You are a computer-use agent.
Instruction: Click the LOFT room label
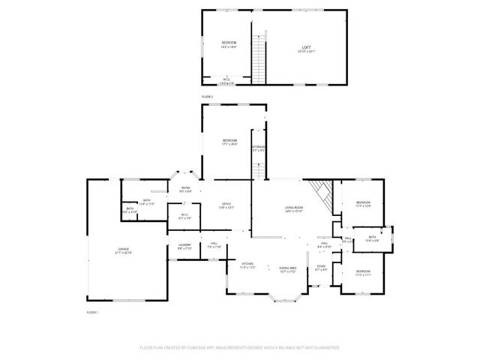(x=307, y=47)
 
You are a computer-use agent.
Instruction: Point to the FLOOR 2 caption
(x=207, y=97)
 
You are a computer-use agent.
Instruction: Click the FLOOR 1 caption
(x=92, y=311)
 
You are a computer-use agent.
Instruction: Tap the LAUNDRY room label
(x=184, y=244)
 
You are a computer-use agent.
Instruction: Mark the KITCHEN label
(x=247, y=264)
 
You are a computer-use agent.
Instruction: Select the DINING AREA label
(x=288, y=268)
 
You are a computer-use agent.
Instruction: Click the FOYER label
(x=321, y=266)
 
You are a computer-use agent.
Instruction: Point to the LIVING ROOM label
(x=293, y=208)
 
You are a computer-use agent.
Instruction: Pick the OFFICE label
(x=226, y=204)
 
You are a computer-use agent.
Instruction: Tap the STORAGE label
(x=258, y=147)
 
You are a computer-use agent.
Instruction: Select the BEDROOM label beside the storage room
(x=229, y=140)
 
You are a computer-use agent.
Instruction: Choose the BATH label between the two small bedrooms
(x=372, y=237)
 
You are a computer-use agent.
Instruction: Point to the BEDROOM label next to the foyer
(x=363, y=271)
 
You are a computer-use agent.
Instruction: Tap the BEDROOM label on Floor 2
(x=229, y=43)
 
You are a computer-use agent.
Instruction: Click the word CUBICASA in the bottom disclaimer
(x=194, y=348)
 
